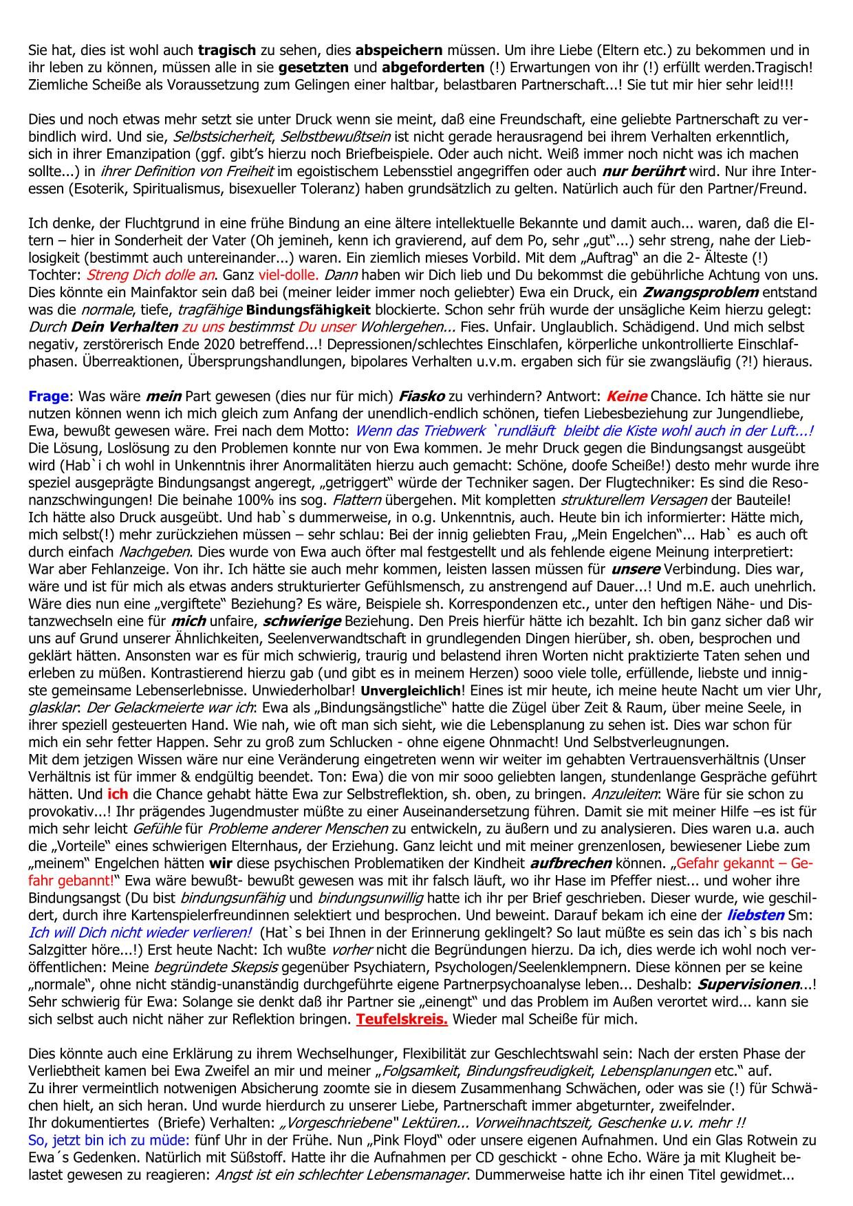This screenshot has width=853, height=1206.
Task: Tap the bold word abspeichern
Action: (399, 50)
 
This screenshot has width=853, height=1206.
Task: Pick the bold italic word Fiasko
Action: (422, 396)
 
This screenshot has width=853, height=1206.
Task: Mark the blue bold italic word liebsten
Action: (755, 916)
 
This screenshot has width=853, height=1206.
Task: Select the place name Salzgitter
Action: (59, 950)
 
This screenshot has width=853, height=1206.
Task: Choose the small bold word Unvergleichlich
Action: (411, 690)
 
